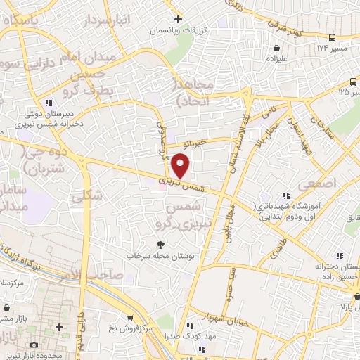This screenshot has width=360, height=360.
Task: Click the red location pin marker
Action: pyautogui.click(x=181, y=166)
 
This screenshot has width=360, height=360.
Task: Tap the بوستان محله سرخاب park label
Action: pyautogui.click(x=161, y=256)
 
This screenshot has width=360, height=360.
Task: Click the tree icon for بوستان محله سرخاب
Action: pyautogui.click(x=161, y=245)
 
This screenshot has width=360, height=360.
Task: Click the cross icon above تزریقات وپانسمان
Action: pyautogui.click(x=179, y=19)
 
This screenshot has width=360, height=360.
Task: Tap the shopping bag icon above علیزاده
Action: pyautogui.click(x=278, y=49)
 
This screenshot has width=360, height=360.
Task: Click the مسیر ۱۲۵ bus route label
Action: pyautogui.click(x=344, y=91)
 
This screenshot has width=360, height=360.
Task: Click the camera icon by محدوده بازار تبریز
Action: pyautogui.click(x=34, y=345)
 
